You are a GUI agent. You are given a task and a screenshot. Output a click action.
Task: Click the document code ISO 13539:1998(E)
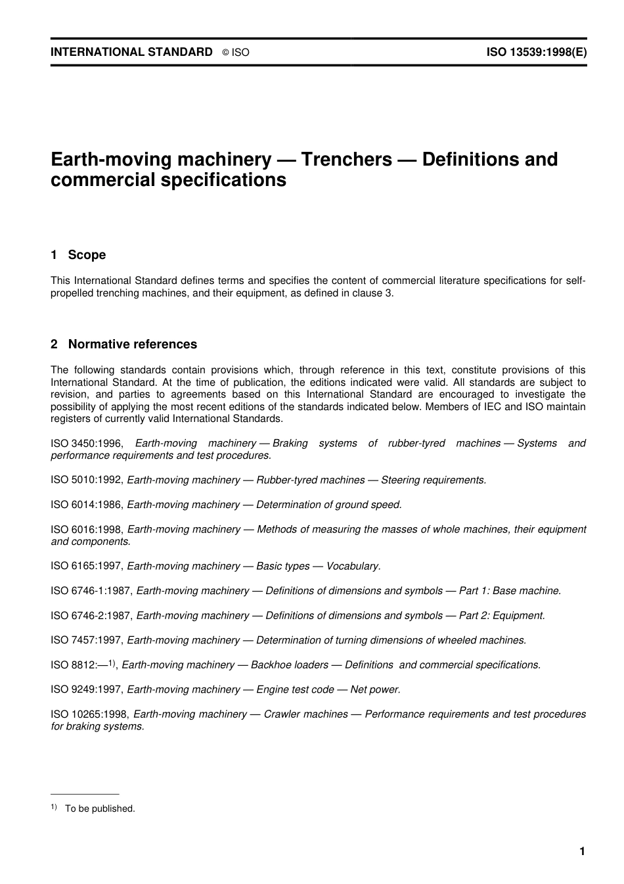coord(536,52)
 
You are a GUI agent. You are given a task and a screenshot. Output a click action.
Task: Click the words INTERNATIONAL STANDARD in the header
coord(131,52)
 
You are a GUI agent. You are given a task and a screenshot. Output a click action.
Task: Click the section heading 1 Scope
coord(78,255)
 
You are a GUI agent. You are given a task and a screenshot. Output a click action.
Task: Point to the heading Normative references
coord(132,344)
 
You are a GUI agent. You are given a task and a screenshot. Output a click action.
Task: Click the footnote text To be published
coord(100,809)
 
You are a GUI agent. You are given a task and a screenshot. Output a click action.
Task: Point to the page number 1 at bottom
coord(582,852)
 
